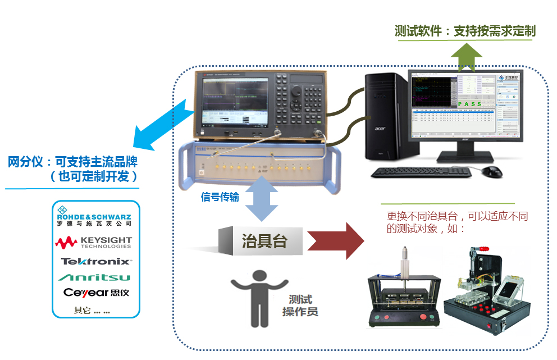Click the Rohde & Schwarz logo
94,218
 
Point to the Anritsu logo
95,277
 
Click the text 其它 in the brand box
83,311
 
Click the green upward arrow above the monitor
467,56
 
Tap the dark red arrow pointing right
336,240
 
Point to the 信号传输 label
220,197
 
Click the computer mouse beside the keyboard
492,171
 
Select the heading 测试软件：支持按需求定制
465,31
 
